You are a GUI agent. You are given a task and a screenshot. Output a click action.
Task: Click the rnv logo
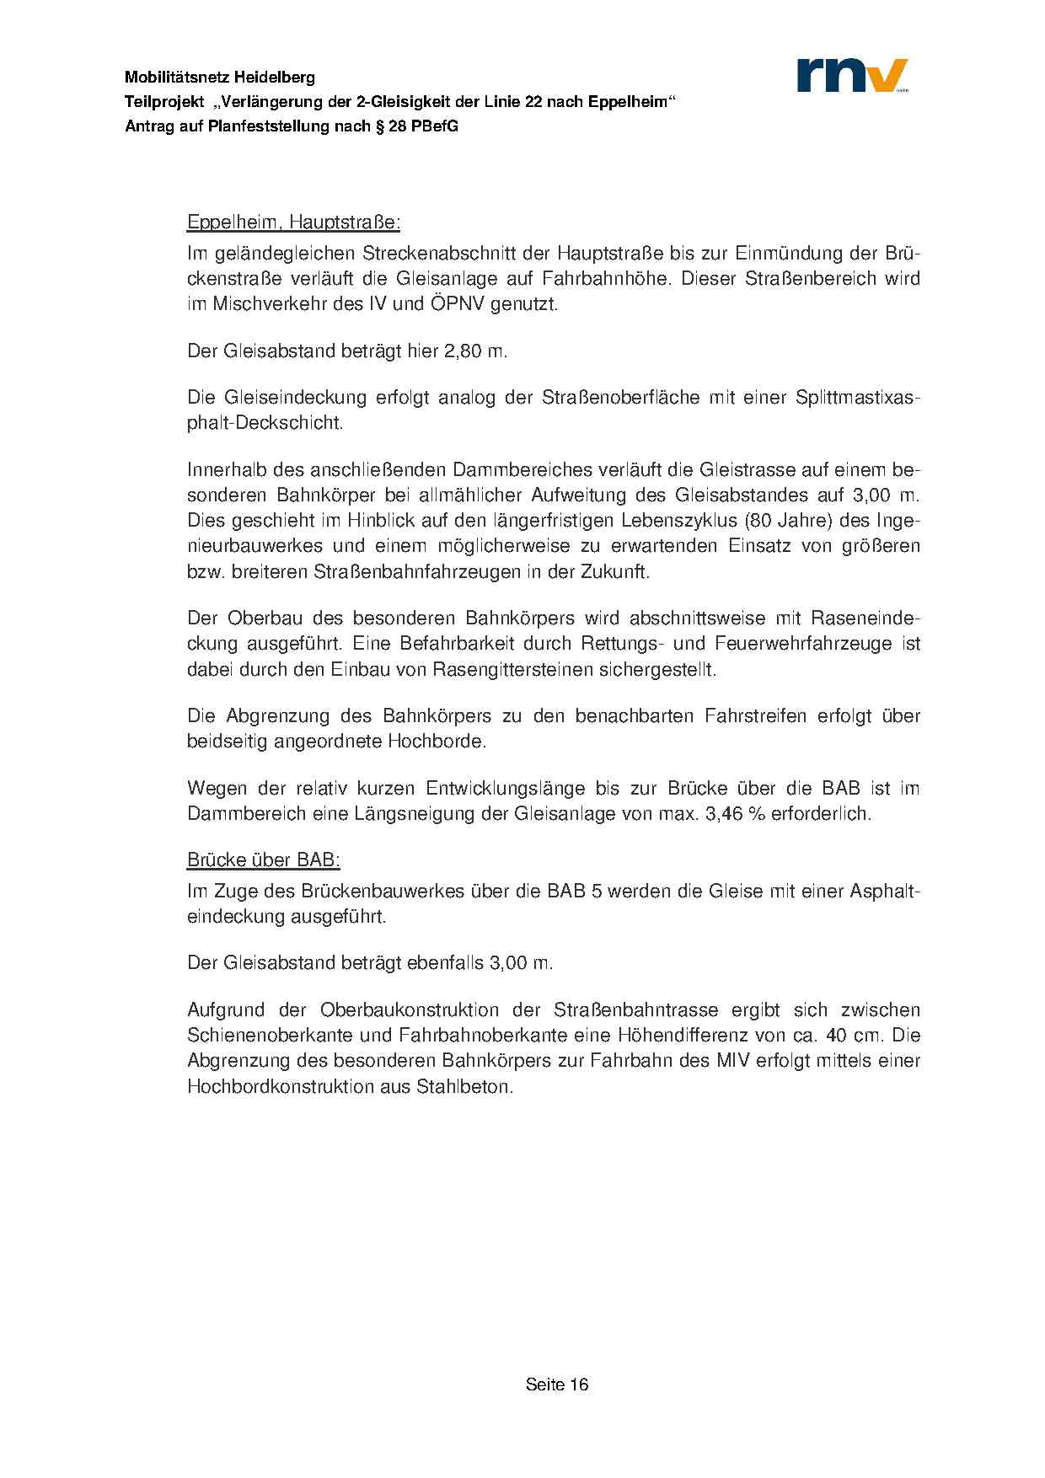point(852,75)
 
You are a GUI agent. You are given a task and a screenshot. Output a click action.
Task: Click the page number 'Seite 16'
point(556,1384)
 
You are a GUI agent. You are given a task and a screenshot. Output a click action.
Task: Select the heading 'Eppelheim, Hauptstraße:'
point(293,223)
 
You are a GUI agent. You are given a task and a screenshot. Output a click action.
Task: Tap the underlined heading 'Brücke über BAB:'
point(263,860)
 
